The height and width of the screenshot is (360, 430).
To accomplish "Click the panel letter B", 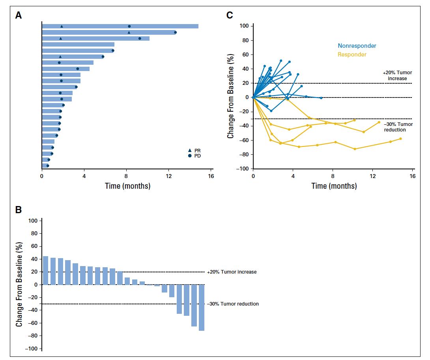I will (x=18, y=210).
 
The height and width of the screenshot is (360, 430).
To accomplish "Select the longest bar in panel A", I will (x=120, y=26).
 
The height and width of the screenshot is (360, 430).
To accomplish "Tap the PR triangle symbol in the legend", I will (x=190, y=150).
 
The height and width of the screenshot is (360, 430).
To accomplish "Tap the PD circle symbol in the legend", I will (x=190, y=156).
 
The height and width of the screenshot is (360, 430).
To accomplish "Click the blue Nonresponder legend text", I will (x=357, y=46).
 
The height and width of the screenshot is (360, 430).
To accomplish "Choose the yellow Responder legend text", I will (x=352, y=54).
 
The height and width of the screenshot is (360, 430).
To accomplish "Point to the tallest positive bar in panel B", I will (x=45, y=270).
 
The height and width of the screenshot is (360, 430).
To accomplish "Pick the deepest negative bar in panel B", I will (x=202, y=307).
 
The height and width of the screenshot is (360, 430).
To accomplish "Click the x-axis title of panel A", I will (x=127, y=186).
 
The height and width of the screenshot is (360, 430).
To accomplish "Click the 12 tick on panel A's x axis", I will (x=169, y=176).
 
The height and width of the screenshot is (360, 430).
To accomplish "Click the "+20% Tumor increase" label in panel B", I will (x=232, y=272).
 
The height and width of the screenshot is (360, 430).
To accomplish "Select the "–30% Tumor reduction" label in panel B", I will (x=233, y=304).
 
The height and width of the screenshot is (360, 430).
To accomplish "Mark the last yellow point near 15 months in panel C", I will (x=400, y=139).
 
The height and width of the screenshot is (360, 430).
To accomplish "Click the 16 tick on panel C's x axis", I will (x=413, y=176).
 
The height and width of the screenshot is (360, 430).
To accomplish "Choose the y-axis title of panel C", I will (x=231, y=97).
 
